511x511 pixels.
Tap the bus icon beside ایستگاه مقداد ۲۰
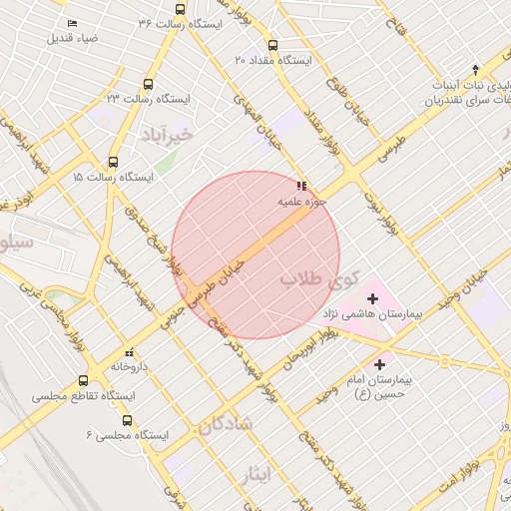[272, 45]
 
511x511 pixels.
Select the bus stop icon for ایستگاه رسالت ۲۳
[149, 85]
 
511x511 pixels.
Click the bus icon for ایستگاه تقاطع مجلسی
[83, 380]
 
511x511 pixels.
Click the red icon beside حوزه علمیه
[301, 186]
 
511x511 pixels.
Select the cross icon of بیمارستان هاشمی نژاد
[373, 297]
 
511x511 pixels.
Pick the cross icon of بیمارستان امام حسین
[379, 364]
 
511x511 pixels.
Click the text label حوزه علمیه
[275, 202]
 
